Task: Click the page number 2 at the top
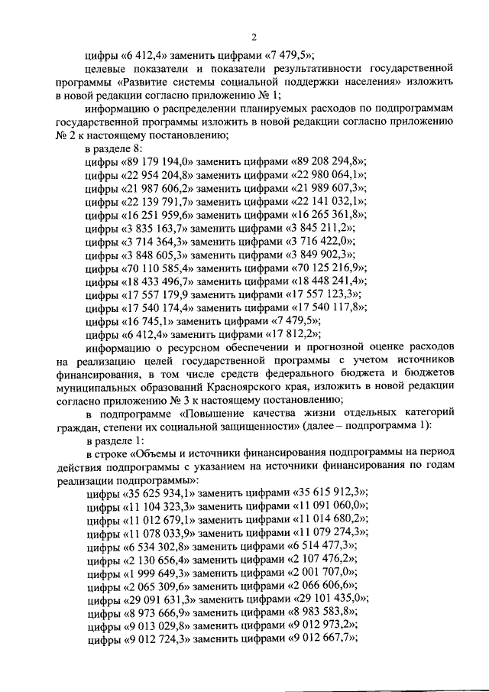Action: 254,38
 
